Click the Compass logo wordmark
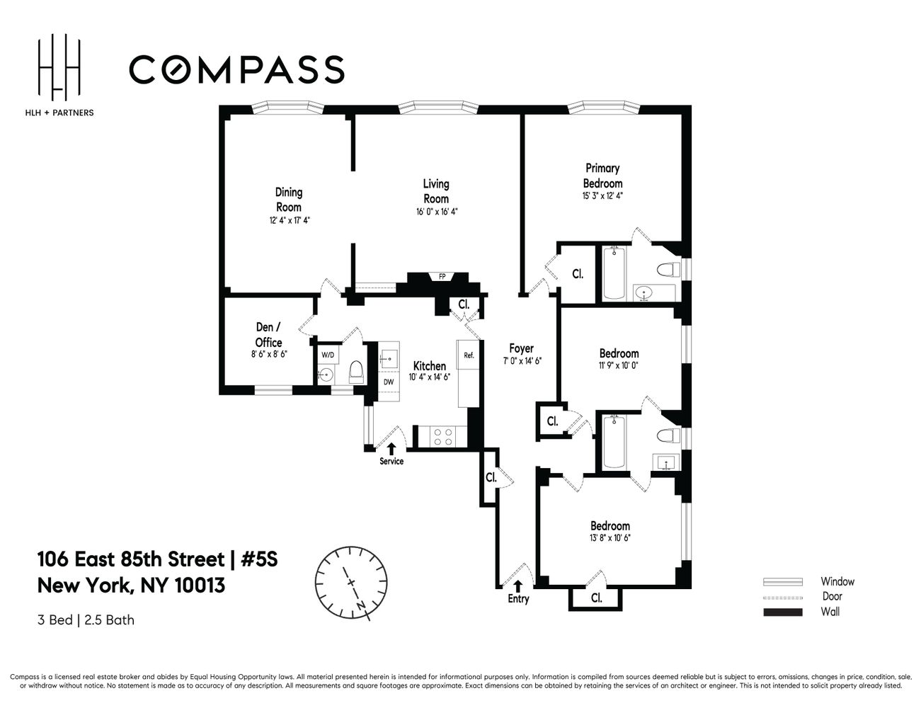(x=236, y=69)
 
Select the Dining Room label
(x=289, y=199)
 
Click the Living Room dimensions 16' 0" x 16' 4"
(x=437, y=212)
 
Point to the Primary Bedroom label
(x=602, y=176)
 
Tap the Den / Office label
(x=268, y=334)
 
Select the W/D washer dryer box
(x=328, y=354)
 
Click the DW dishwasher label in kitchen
(x=389, y=382)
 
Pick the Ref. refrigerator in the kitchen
(x=469, y=355)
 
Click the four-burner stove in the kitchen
(x=442, y=437)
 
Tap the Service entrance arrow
(x=391, y=448)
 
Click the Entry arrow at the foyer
(x=518, y=586)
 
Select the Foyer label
(x=522, y=348)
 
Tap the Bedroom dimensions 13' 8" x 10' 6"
(x=610, y=538)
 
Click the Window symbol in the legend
(x=782, y=582)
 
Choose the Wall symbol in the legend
(x=782, y=612)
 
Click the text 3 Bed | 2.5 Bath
(x=86, y=620)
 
